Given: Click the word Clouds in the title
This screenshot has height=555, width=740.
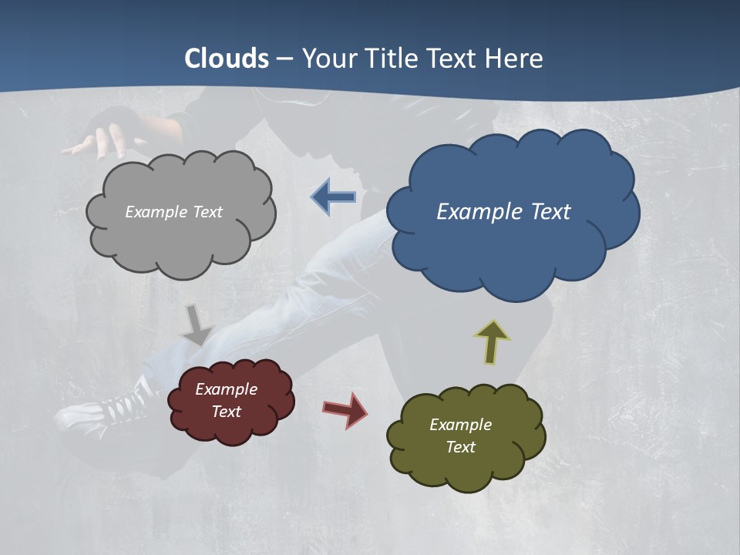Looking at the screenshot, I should pos(227,59).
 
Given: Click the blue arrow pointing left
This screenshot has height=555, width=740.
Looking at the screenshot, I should pos(334,197).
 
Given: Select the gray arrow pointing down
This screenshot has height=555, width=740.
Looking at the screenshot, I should pos(197,325).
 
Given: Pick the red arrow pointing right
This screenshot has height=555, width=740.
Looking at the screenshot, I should pos(345,409).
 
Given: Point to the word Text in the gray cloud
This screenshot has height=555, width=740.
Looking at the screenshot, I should pos(207,212).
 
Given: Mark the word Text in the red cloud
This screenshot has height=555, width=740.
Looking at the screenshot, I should pos(227,412).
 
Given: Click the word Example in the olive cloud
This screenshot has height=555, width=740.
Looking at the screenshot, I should pos(460,425).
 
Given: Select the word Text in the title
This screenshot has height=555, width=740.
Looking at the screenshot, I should pos(455,59).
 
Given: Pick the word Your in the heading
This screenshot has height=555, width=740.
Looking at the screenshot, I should pos(330,59).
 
